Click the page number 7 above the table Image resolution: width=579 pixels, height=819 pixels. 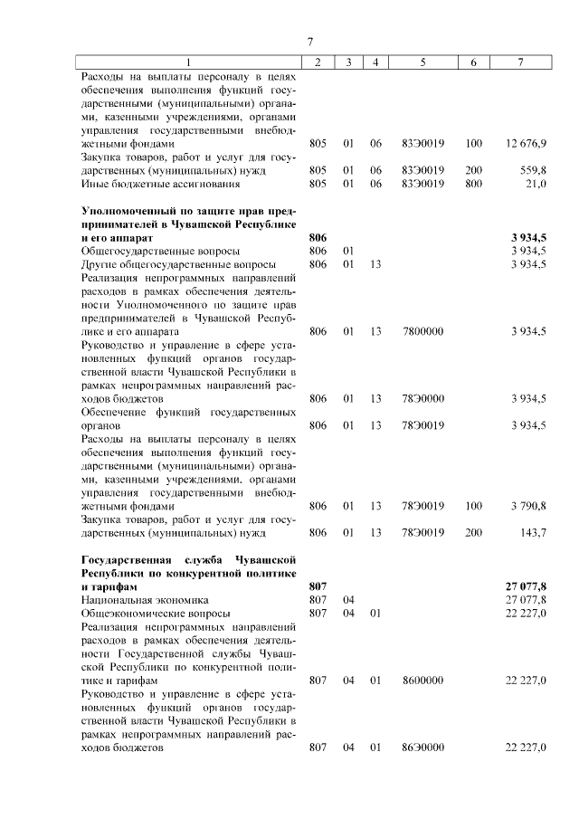click(309, 42)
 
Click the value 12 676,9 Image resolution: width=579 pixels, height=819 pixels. click(527, 143)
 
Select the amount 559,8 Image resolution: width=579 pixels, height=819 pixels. click(533, 169)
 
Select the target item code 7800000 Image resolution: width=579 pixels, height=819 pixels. click(422, 331)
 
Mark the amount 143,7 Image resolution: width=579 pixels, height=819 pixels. click(532, 532)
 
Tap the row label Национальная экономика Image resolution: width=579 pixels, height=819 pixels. click(145, 599)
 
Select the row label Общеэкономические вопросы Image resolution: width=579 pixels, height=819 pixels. click(155, 613)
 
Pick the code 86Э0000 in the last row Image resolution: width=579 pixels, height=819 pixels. click(422, 748)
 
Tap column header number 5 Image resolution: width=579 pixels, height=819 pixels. click(422, 62)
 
